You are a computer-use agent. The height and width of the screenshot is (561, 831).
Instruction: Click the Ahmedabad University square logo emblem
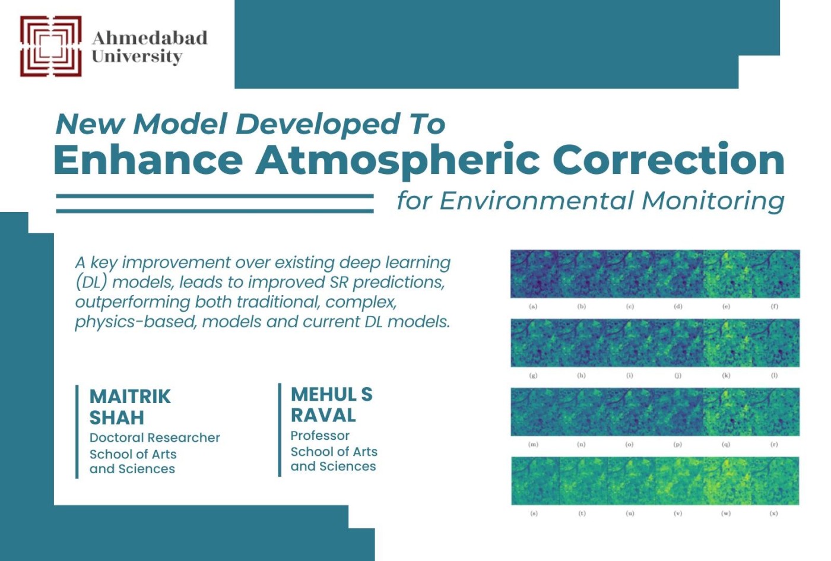(50, 46)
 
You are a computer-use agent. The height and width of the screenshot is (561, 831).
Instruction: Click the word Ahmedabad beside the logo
(150, 38)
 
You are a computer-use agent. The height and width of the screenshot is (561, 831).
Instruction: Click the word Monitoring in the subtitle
(713, 201)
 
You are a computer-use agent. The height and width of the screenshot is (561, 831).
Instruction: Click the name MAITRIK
(130, 396)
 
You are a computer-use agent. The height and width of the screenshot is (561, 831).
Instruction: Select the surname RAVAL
(323, 415)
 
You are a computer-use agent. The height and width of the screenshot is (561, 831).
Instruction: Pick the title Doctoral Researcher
(154, 438)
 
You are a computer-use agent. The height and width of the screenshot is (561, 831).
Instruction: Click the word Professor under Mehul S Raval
(320, 435)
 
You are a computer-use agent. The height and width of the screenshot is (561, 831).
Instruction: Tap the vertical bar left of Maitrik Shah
(77, 431)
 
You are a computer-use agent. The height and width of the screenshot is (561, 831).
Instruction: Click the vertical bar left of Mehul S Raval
(280, 429)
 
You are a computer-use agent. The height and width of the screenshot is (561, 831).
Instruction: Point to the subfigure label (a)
(533, 306)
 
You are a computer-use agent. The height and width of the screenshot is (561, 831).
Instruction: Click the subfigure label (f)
(774, 306)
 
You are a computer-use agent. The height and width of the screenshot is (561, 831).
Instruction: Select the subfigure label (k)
(726, 375)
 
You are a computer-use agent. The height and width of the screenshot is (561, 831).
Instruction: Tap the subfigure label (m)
(533, 444)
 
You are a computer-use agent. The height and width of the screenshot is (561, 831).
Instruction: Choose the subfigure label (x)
(774, 514)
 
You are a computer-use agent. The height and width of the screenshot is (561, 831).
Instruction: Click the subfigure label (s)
(534, 514)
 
